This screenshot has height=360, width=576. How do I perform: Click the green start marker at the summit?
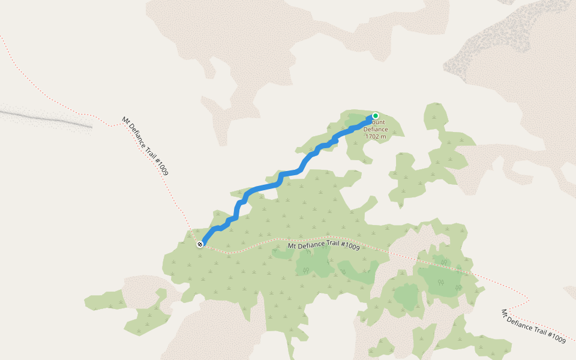click(x=376, y=116)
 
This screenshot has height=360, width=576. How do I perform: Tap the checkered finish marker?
click(x=200, y=244)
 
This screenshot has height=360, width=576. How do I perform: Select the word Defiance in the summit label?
click(x=376, y=130)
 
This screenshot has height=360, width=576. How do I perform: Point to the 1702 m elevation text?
click(x=376, y=137)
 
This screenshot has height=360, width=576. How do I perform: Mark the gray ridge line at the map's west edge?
click(x=48, y=118)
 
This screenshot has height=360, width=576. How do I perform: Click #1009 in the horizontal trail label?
click(x=349, y=247)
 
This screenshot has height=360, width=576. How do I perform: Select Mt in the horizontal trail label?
click(x=292, y=245)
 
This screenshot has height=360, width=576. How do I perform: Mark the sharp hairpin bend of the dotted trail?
click(x=527, y=298)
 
